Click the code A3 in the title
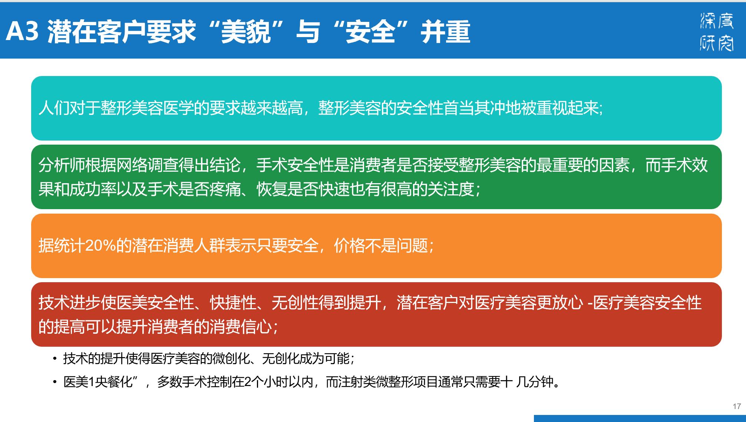[22, 31]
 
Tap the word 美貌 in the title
[246, 32]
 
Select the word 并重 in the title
[445, 32]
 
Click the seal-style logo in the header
[716, 32]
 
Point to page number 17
[737, 406]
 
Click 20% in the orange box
[101, 245]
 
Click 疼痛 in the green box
[225, 189]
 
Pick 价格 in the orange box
[350, 245]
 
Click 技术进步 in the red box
[70, 303]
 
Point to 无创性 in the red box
[295, 303]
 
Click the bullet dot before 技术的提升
[55, 359]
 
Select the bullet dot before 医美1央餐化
[55, 382]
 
